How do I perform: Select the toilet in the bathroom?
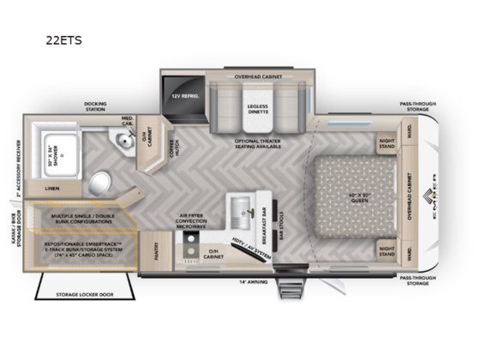coord(100,181)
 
